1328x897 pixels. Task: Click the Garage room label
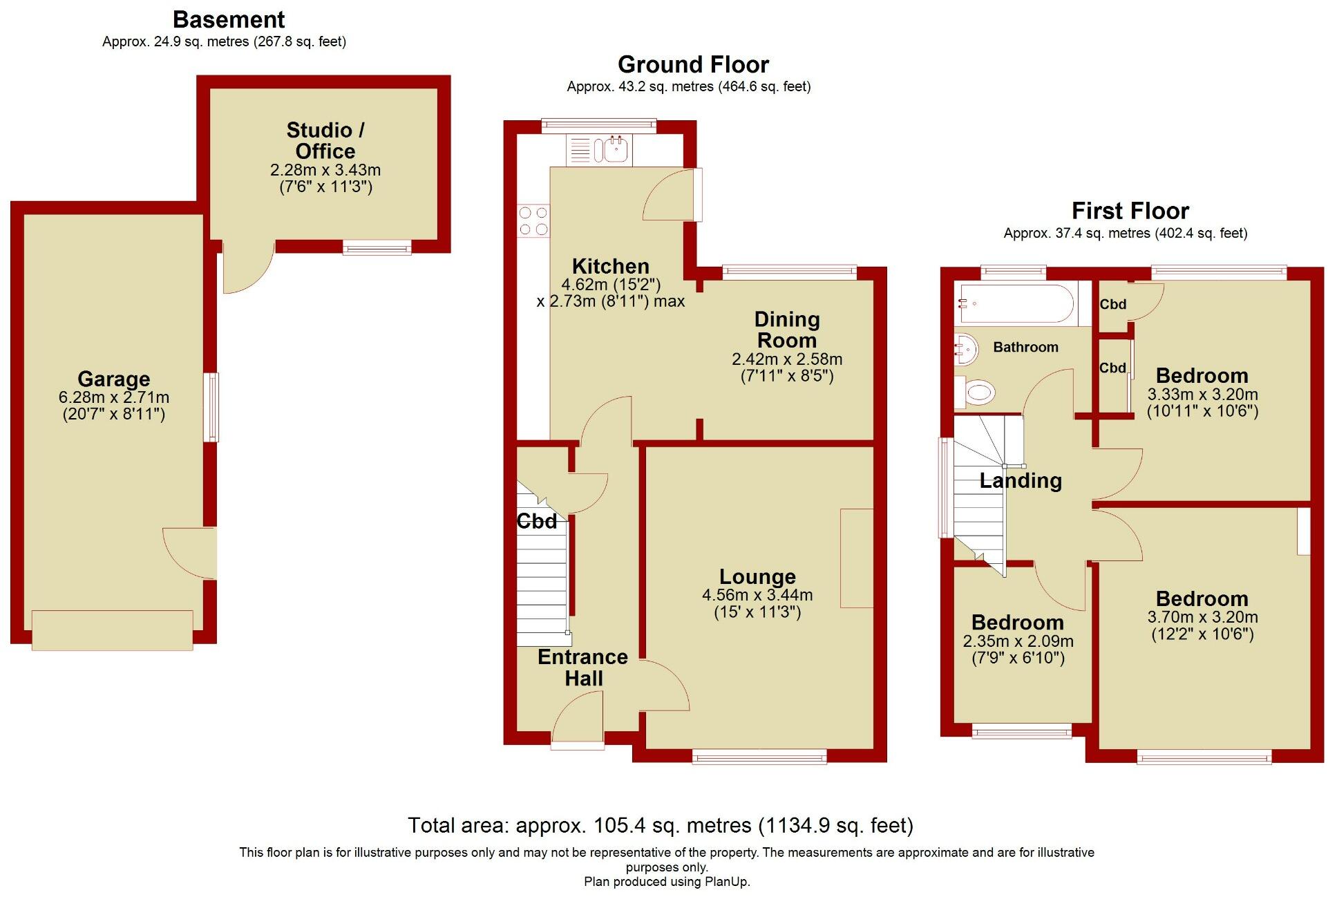113,379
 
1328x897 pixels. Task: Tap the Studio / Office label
325,140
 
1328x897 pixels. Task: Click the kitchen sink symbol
611,150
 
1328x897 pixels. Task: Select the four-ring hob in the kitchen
533,220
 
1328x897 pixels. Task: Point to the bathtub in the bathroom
1014,303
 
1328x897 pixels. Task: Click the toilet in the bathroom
976,393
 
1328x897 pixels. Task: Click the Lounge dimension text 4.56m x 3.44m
757,595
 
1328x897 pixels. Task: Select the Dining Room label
786,330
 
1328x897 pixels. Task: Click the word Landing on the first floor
1020,480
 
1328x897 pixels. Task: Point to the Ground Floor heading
692,64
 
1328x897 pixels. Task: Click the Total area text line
660,825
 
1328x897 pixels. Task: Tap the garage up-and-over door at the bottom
112,630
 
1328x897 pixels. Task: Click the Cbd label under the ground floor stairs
536,521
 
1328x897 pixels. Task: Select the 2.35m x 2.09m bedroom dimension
1018,641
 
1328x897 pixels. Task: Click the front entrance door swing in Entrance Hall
579,719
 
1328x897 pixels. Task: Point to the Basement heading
228,19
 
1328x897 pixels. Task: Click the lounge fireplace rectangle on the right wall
857,558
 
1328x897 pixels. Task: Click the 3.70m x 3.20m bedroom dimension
1202,617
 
